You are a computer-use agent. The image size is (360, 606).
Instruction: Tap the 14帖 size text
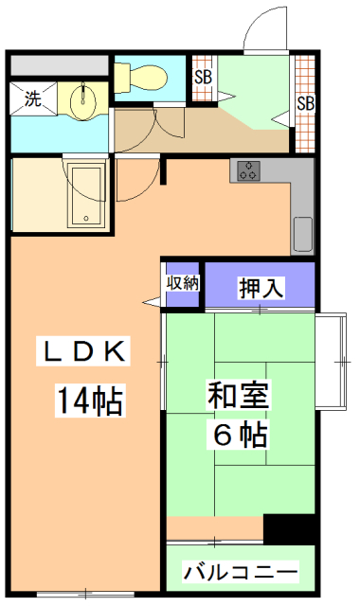pyautogui.click(x=90, y=401)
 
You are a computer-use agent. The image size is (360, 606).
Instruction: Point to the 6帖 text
pyautogui.click(x=238, y=436)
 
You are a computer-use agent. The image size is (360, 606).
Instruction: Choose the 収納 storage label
pyautogui.click(x=183, y=282)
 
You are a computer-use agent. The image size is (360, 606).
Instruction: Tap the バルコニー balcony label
pyautogui.click(x=241, y=572)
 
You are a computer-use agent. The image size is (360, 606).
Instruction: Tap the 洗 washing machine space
pyautogui.click(x=32, y=98)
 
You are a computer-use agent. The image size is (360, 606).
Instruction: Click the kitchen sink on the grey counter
pyautogui.click(x=302, y=230)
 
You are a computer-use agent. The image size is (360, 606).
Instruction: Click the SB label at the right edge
pyautogui.click(x=304, y=102)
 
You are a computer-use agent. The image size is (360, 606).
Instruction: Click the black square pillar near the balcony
pyautogui.click(x=279, y=527)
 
